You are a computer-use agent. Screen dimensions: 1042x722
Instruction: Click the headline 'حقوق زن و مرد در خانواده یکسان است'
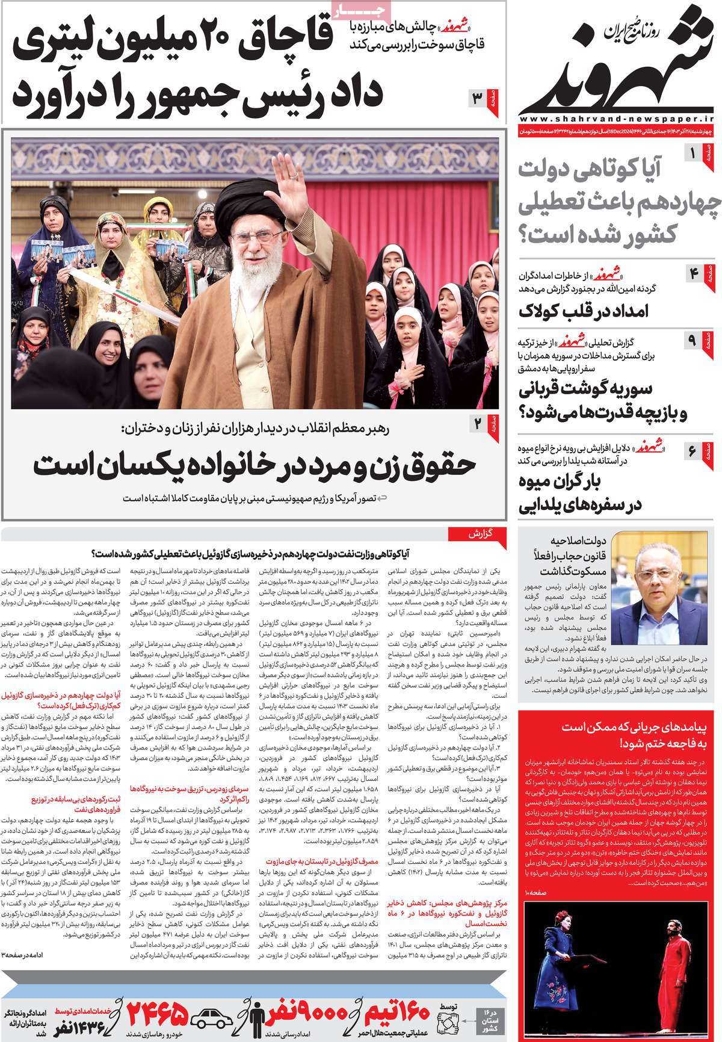pos(255,465)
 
